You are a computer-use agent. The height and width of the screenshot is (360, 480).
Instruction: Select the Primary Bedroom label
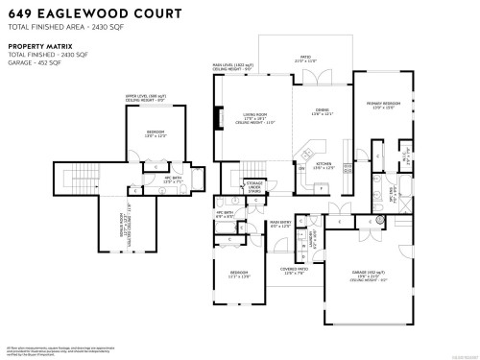click(381, 104)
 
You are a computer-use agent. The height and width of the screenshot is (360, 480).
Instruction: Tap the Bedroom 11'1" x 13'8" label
click(240, 276)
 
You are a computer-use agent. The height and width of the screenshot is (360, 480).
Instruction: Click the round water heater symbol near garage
click(379, 220)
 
